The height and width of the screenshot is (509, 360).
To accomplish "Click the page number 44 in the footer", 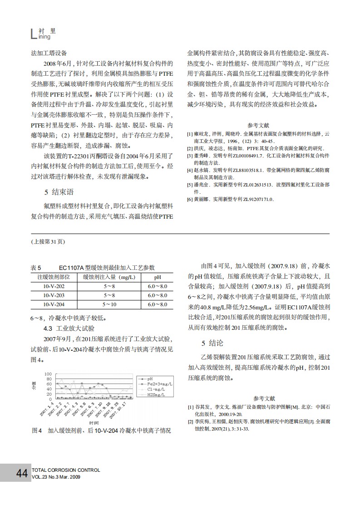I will click(22, 474).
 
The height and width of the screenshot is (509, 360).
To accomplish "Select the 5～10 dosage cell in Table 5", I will click(109, 304).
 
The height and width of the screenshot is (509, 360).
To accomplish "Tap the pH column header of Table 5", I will click(157, 277).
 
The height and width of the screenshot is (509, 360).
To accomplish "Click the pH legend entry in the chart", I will click(150, 378).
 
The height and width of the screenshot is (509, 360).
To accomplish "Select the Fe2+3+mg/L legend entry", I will click(157, 384).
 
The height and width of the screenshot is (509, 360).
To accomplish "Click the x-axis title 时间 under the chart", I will click(94, 422).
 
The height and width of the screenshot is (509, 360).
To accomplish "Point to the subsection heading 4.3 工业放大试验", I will click(69, 328).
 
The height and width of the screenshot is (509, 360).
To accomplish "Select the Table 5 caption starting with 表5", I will click(93, 268).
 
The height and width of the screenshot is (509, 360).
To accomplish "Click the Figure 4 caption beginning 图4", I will click(101, 431).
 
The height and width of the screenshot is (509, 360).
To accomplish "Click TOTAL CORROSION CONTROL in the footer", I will click(66, 470).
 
